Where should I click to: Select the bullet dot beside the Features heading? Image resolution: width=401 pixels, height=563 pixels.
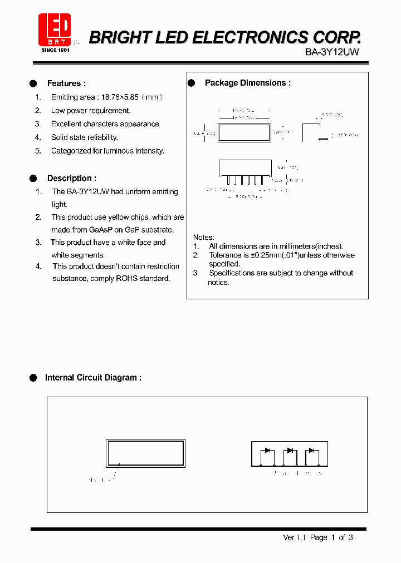tap(33, 83)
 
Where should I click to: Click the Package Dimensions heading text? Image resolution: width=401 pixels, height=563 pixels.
tap(247, 83)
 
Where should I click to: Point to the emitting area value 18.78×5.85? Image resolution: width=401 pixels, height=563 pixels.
tap(118, 97)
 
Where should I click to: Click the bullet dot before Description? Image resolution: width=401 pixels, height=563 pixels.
tap(33, 179)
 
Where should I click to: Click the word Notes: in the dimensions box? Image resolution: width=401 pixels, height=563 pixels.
tap(203, 237)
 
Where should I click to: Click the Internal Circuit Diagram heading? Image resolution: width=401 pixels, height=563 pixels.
tap(93, 378)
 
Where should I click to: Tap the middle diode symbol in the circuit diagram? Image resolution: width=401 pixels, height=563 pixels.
tap(290, 450)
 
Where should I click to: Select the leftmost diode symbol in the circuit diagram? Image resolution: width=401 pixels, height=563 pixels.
tap(267, 450)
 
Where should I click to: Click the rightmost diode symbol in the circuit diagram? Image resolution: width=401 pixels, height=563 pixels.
tap(311, 450)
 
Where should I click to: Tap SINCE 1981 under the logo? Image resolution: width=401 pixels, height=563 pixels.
tap(56, 50)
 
